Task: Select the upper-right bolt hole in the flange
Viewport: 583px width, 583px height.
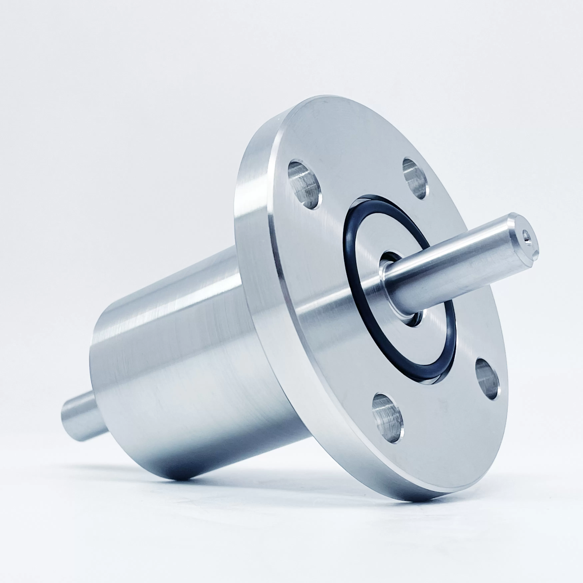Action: pos(416,179)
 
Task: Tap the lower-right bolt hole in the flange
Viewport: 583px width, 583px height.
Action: pos(486,379)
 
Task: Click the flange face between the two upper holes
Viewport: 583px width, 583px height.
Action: pos(359,169)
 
